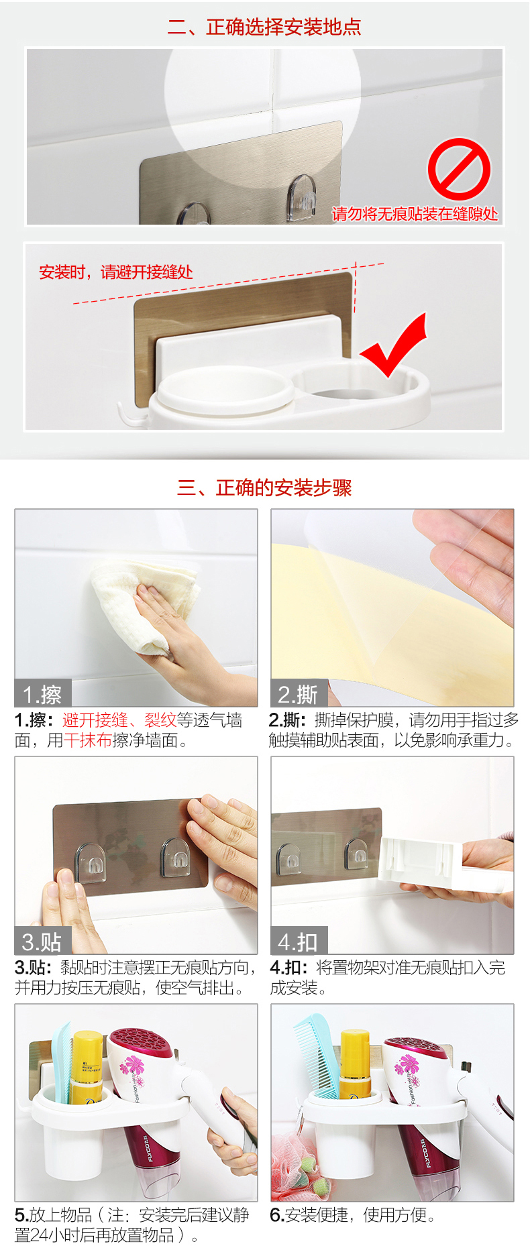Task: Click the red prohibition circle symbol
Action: coord(460,169)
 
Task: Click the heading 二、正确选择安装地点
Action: coord(264,27)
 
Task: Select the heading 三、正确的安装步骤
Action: coord(264,488)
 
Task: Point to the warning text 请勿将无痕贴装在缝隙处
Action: coord(415,214)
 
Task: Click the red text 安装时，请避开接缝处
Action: coord(116,272)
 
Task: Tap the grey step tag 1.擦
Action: coord(43,693)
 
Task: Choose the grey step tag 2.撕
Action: coord(299,693)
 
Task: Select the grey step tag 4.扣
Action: coord(299,941)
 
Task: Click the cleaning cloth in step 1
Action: coord(144,604)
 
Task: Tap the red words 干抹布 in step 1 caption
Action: coord(88,740)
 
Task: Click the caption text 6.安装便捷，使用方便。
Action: coord(353,1214)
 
